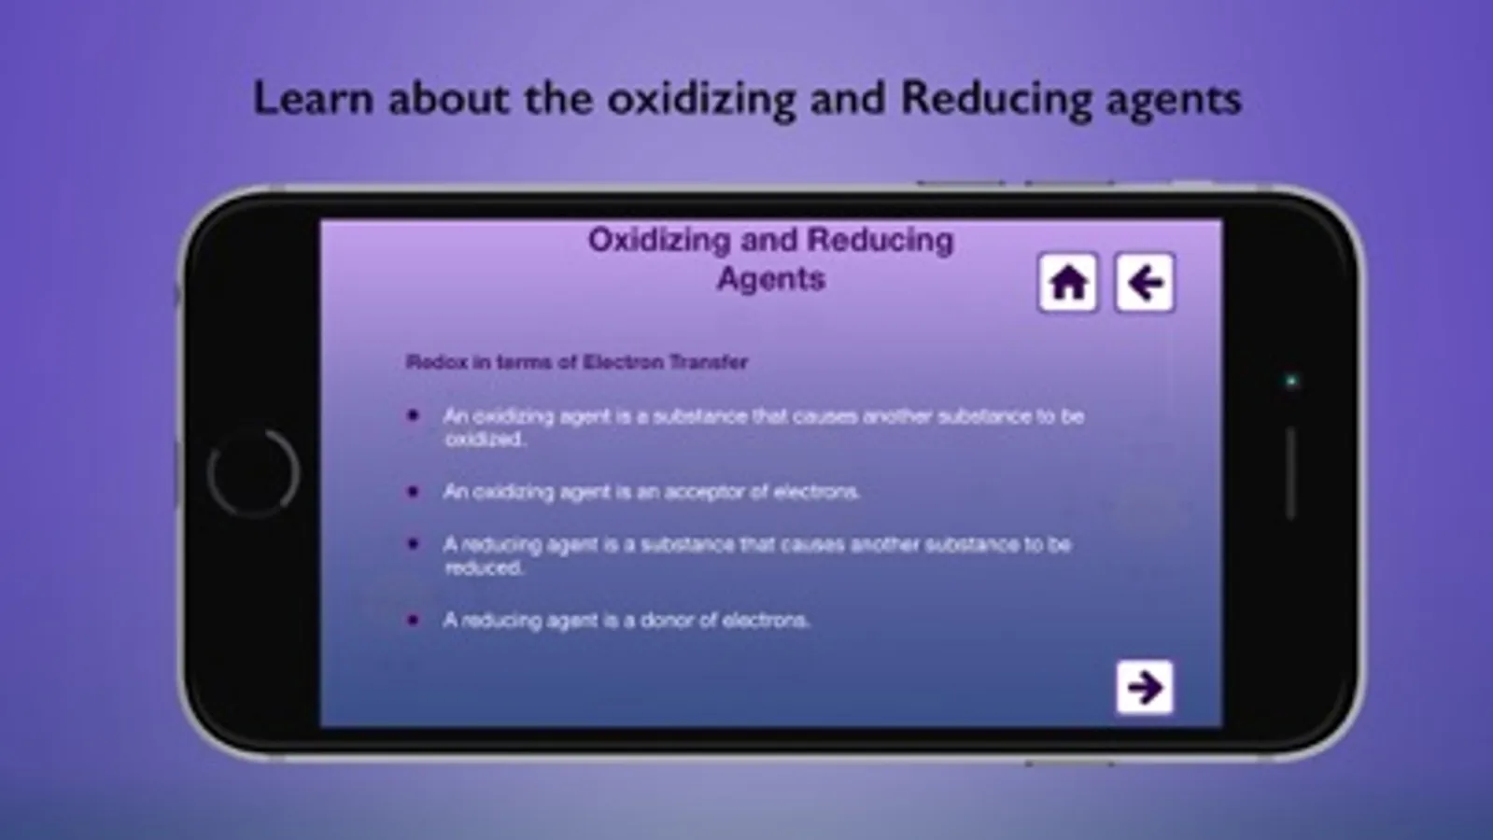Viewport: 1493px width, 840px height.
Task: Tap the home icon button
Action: [1068, 283]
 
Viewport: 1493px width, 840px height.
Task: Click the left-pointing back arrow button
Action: [1145, 283]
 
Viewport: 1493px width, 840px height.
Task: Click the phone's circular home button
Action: [253, 473]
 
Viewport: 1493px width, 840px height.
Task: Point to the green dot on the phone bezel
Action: [1291, 381]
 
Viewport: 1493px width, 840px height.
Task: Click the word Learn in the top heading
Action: [314, 99]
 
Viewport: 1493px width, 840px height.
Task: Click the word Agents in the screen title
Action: [771, 279]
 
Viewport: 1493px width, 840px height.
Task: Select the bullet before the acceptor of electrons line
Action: [413, 492]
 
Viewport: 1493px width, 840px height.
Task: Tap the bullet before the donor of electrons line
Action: [413, 620]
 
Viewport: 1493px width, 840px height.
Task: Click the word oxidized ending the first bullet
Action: [486, 440]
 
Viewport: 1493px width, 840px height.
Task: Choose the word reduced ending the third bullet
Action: [484, 568]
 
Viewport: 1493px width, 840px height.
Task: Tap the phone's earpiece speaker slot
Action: [1291, 473]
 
